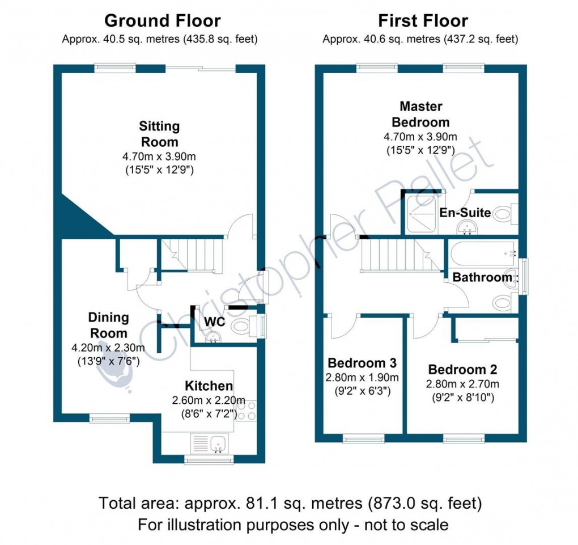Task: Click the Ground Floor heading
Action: pos(163,22)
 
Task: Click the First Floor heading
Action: pos(423,22)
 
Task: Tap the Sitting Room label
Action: pos(160,134)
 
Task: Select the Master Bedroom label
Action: pos(421,114)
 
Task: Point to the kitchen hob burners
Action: pos(247,411)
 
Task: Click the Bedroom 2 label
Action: pos(462,370)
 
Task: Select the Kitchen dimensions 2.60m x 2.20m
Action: pos(209,400)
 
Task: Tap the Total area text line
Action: pos(290,503)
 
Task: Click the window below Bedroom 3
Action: pos(363,438)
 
